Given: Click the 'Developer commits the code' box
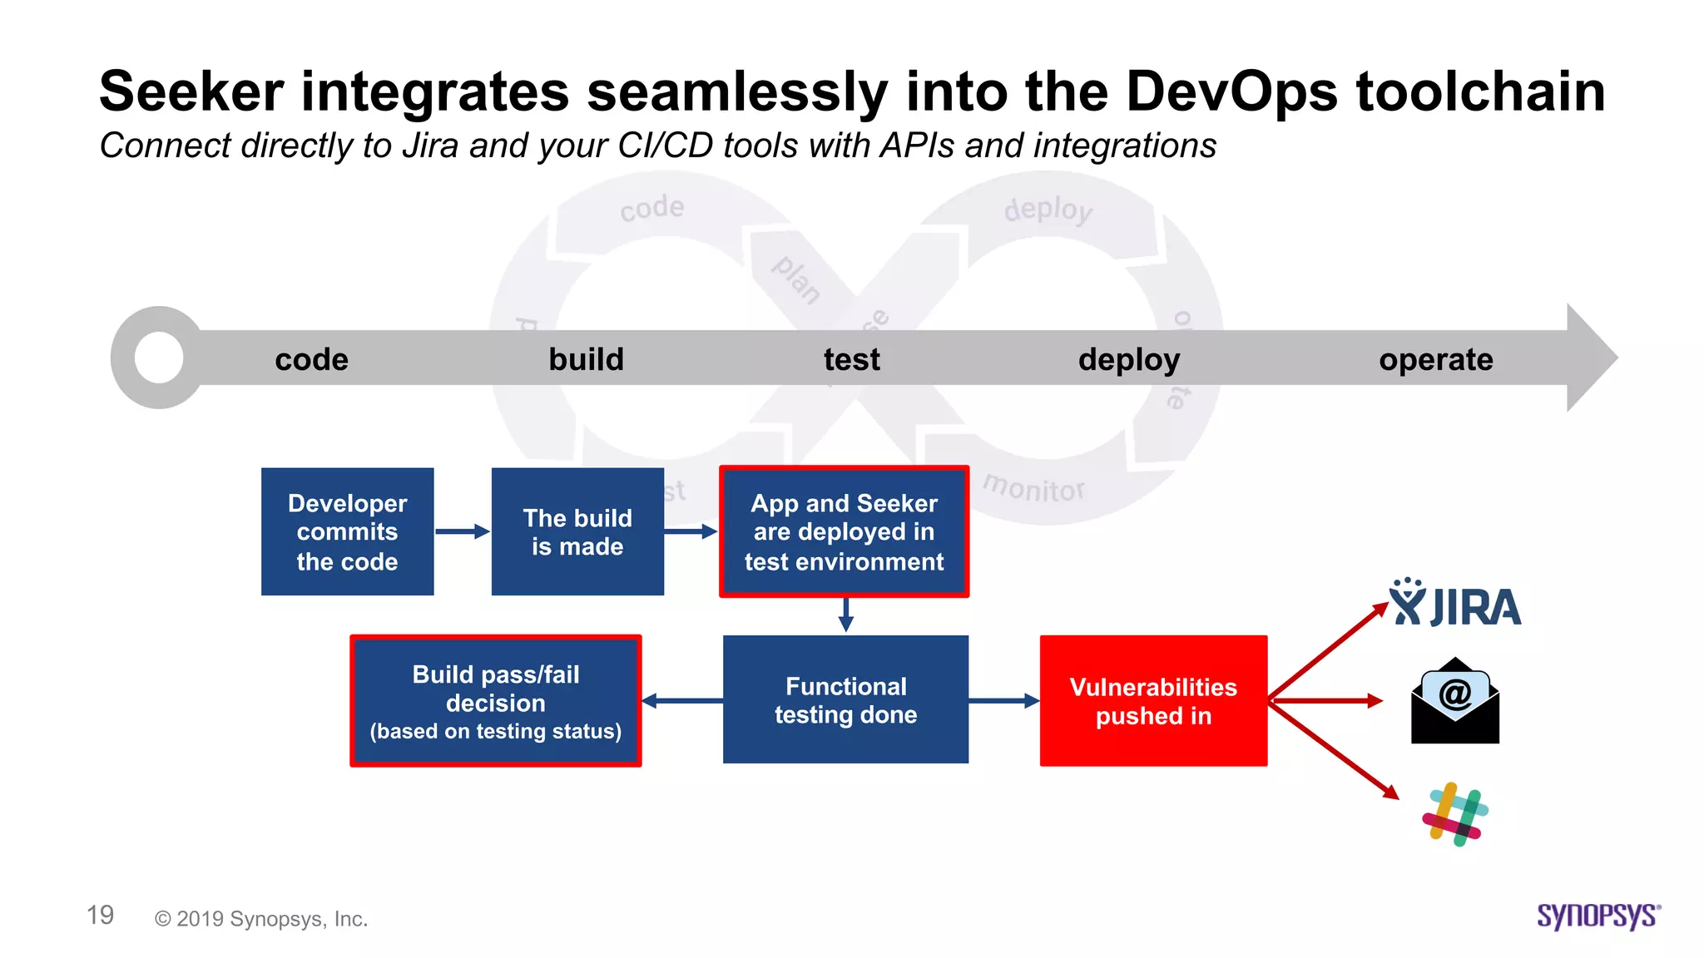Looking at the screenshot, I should pyautogui.click(x=347, y=531).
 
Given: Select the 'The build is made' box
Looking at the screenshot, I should pyautogui.click(x=577, y=531).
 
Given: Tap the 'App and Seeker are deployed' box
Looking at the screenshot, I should pyautogui.click(x=844, y=531).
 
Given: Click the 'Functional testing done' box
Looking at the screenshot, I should pyautogui.click(x=845, y=699).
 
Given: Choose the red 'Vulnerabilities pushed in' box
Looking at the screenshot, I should pyautogui.click(x=1153, y=700).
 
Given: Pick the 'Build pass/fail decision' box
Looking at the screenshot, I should pyautogui.click(x=496, y=700).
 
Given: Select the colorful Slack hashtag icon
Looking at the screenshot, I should pyautogui.click(x=1455, y=814).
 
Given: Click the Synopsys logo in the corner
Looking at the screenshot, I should pyautogui.click(x=1597, y=916).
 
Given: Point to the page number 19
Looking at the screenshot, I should pyautogui.click(x=100, y=916).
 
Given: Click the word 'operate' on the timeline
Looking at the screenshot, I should pyautogui.click(x=1435, y=359).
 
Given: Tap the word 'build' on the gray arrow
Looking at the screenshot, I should pyautogui.click(x=586, y=359).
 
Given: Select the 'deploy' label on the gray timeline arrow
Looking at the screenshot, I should pyautogui.click(x=1129, y=359).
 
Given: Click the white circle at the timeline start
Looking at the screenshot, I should pyautogui.click(x=158, y=358).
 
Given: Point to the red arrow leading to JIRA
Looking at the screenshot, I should pyautogui.click(x=1328, y=651).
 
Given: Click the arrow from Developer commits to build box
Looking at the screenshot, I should pyautogui.click(x=462, y=531).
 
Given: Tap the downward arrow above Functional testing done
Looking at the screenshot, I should pyautogui.click(x=845, y=615).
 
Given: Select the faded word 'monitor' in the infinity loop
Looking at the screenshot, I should pyautogui.click(x=1034, y=487).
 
